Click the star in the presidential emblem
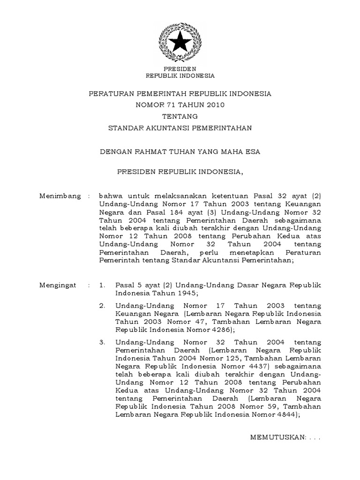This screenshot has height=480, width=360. [180, 44]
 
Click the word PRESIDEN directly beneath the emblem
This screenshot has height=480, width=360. [180, 68]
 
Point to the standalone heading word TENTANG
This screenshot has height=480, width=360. [180, 116]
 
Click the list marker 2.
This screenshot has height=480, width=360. [102, 305]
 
